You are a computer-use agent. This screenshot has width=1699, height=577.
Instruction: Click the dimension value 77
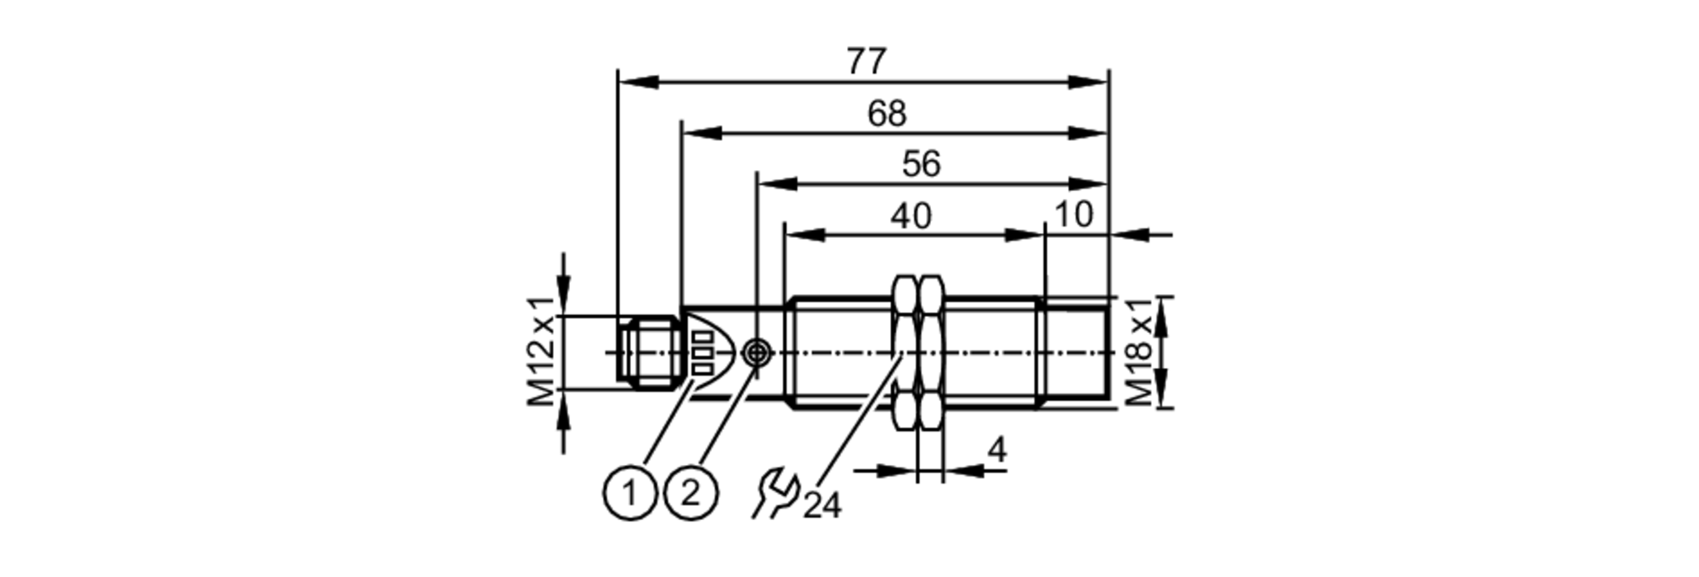click(x=866, y=61)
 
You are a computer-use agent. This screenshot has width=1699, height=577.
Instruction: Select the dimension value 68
click(x=886, y=113)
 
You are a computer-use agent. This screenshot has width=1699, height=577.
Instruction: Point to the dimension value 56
click(x=921, y=164)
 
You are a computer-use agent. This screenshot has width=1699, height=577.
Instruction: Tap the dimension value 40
click(x=911, y=216)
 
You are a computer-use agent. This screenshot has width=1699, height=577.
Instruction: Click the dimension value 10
click(x=1073, y=214)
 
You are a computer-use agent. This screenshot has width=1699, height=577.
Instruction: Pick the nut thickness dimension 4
click(x=997, y=450)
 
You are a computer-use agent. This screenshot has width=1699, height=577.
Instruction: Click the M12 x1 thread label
click(x=541, y=351)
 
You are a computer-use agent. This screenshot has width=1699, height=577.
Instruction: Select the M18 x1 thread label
click(x=1141, y=351)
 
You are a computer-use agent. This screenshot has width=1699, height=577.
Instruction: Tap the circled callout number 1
click(x=629, y=492)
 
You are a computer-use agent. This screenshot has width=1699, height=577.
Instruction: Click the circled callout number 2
click(x=691, y=492)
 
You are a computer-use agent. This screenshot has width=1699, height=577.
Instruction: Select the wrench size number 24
click(x=821, y=506)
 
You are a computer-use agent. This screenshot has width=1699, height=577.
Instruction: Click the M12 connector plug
click(x=650, y=352)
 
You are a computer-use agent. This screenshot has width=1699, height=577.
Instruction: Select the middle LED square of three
click(x=703, y=351)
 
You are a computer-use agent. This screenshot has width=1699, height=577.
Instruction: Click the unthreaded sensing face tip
click(x=1077, y=352)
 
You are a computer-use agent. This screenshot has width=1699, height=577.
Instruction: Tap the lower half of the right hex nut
click(x=931, y=409)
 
